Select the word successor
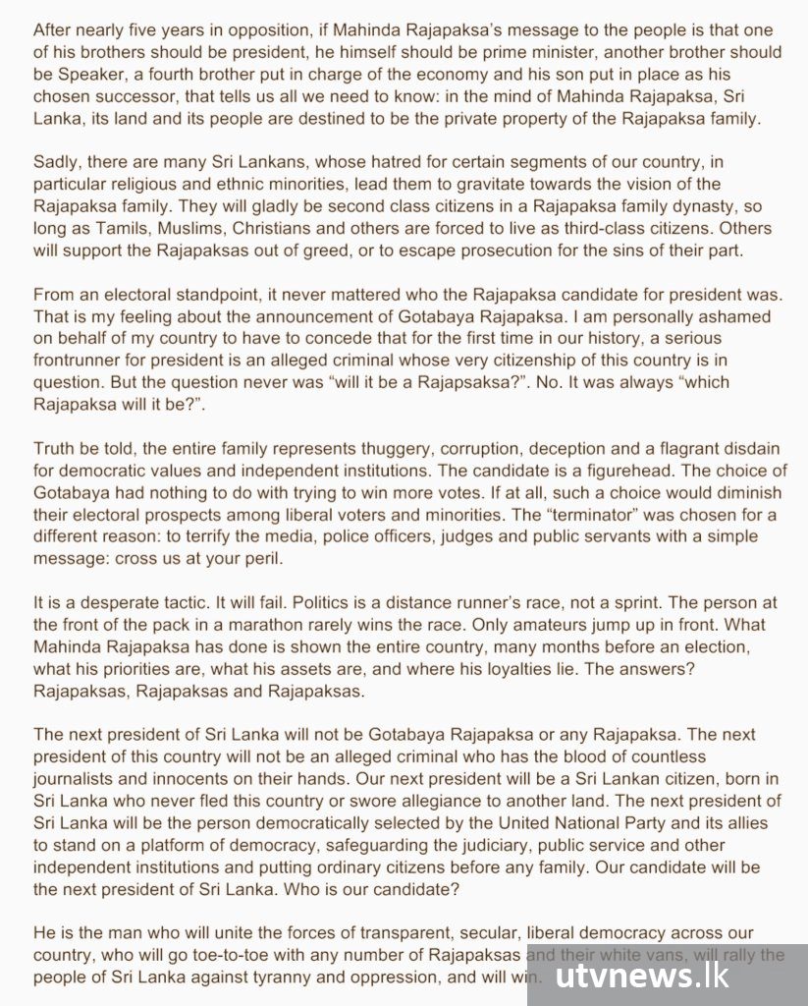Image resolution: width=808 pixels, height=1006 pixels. point(141,96)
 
